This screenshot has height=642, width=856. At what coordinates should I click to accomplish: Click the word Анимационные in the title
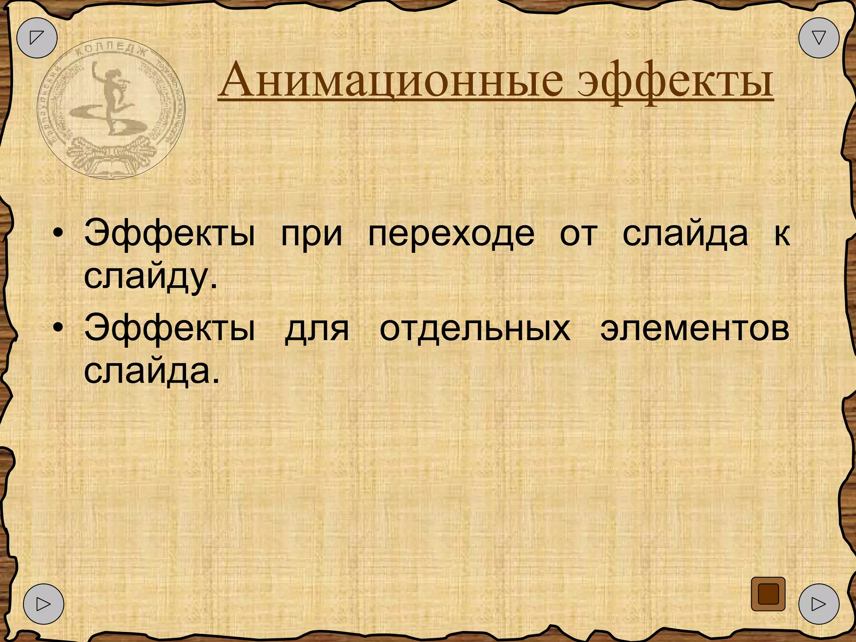(390, 79)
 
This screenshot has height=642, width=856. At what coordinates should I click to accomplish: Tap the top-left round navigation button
(37, 38)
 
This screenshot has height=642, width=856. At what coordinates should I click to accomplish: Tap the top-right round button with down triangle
(819, 38)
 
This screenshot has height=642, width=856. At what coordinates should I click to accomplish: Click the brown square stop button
(768, 594)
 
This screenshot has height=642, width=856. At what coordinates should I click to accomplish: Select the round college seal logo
(111, 109)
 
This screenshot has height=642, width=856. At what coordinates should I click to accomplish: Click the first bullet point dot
(59, 234)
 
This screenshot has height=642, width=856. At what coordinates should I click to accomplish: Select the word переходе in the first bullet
(451, 234)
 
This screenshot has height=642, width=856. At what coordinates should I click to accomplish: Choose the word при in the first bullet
(311, 234)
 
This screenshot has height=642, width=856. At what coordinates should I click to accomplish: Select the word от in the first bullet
(578, 234)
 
